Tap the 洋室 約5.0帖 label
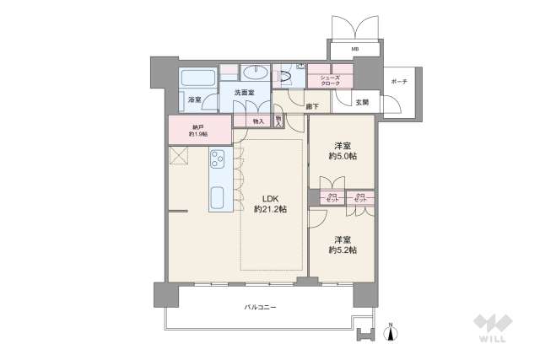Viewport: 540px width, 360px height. click(x=342, y=149)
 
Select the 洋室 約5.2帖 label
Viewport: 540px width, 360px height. click(x=342, y=244)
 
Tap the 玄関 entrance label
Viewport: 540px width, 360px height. click(x=361, y=102)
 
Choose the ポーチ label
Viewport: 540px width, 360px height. click(x=398, y=81)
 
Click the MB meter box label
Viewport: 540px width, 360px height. click(x=355, y=50)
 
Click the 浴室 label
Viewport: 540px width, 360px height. click(x=193, y=100)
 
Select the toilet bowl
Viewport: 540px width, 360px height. click(x=285, y=77)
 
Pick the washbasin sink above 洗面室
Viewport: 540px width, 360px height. click(x=253, y=74)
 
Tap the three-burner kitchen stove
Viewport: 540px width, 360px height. click(x=218, y=159)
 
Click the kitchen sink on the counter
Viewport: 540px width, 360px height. click(x=218, y=201)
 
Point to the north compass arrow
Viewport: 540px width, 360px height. click(x=390, y=332)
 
